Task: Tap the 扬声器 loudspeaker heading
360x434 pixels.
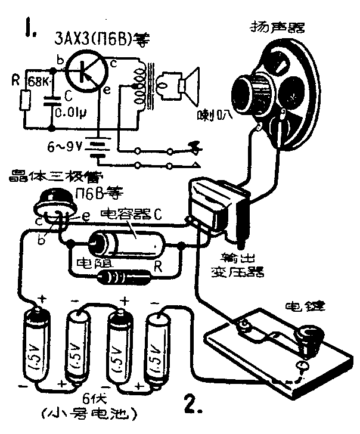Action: click(278, 27)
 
